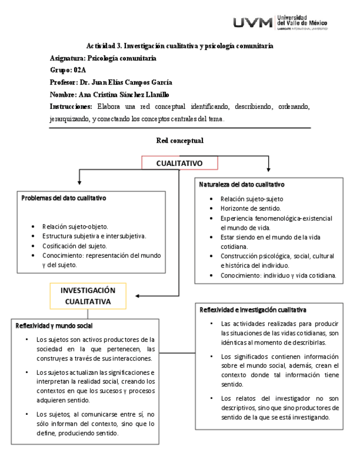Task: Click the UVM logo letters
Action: tap(253, 23)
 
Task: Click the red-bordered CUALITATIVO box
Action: tap(180, 163)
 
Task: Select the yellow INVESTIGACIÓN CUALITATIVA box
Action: tap(88, 296)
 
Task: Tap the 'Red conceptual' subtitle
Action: tap(180, 141)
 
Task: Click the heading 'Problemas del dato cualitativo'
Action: tap(64, 198)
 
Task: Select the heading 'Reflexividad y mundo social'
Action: tap(54, 326)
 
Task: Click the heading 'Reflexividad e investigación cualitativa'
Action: tap(253, 310)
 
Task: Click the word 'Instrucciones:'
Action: tap(70, 106)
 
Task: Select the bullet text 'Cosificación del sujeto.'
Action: tap(75, 246)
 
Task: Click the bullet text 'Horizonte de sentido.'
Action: tap(251, 209)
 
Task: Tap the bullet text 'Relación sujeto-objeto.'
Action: tap(75, 226)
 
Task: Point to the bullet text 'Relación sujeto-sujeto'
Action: tap(252, 199)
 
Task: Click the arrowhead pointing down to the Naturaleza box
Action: tap(268, 169)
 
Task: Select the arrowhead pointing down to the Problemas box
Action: tap(80, 182)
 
